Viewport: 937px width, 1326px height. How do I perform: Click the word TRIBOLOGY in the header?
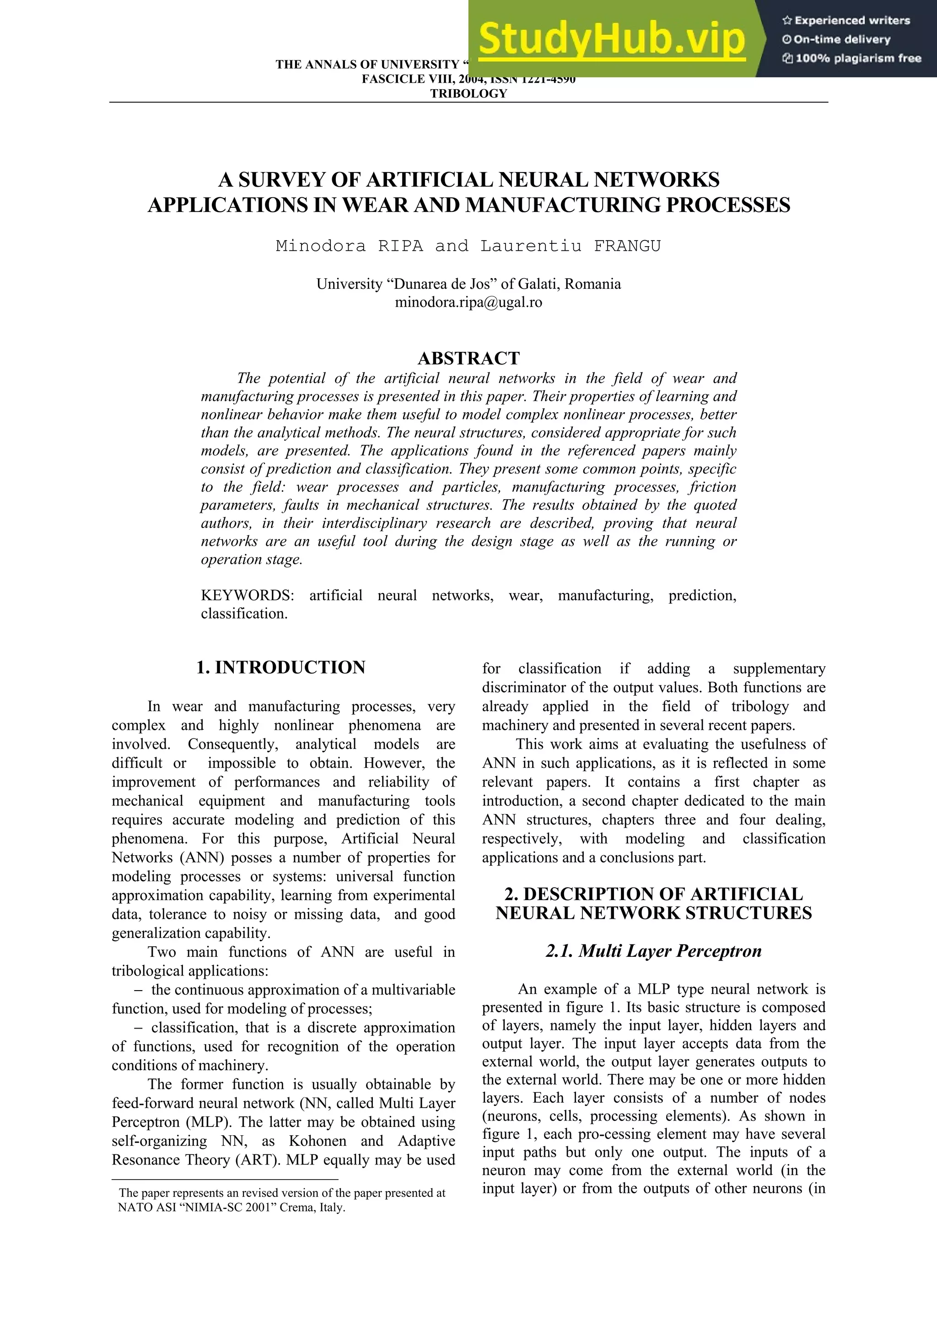(x=468, y=93)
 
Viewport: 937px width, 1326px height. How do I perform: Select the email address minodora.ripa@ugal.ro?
(x=468, y=302)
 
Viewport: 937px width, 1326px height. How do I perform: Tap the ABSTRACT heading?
(x=468, y=359)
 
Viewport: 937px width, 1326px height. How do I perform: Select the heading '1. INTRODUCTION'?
(x=280, y=668)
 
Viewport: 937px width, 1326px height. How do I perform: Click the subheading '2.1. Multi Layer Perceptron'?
(x=653, y=951)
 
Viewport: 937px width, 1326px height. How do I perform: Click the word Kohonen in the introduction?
(x=319, y=1141)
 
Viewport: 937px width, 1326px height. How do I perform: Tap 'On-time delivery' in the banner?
(x=841, y=40)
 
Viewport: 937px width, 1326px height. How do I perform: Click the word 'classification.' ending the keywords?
(x=244, y=614)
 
